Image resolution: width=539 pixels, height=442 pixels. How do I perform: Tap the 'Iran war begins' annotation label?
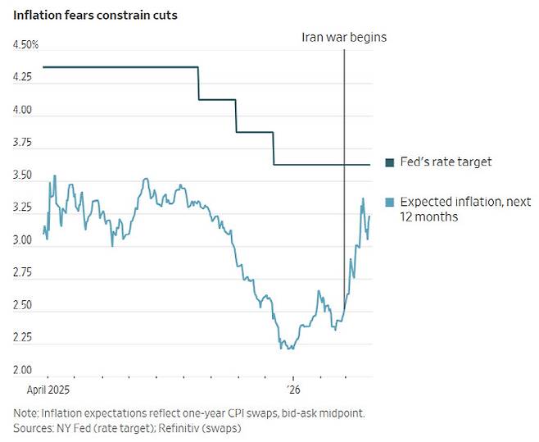[x=344, y=37]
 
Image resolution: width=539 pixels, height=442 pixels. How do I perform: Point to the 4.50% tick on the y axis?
[x=25, y=45]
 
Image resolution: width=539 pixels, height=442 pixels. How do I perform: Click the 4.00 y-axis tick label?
[x=23, y=110]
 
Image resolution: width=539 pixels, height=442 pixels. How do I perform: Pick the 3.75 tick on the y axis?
[x=23, y=143]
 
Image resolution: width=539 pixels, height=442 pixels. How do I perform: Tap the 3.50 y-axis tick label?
[x=23, y=175]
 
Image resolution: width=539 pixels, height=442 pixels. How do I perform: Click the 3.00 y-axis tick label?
[x=23, y=240]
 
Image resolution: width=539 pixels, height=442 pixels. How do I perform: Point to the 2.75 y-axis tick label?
[x=23, y=273]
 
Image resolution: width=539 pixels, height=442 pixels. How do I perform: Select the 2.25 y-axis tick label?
[x=23, y=338]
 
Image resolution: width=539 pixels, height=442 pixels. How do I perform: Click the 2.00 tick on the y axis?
[x=23, y=371]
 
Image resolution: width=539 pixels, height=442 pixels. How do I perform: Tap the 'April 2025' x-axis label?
[x=50, y=390]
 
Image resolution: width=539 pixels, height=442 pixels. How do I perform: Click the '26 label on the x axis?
[x=292, y=390]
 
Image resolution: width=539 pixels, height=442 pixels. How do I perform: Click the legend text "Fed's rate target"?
[x=446, y=162]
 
